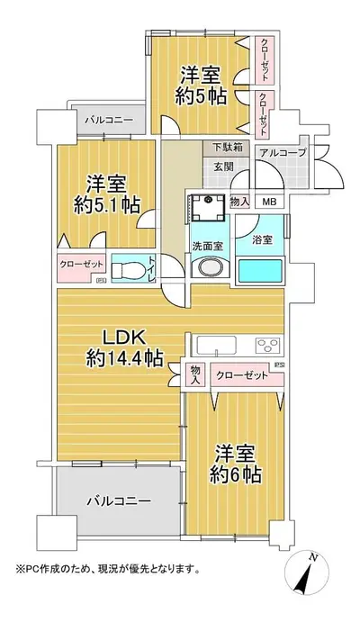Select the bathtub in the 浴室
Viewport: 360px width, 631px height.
tap(260, 271)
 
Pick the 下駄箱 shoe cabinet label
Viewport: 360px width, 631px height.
tap(228, 148)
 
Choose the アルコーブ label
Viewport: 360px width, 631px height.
tap(283, 152)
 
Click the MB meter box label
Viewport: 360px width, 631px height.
tap(269, 202)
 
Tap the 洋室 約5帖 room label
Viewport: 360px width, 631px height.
tap(201, 86)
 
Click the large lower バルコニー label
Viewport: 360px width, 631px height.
tap(119, 501)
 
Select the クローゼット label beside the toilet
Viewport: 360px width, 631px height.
tap(81, 265)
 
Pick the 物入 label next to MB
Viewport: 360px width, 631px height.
tap(239, 203)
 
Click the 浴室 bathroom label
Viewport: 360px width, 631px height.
tap(263, 239)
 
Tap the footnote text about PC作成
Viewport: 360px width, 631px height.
tap(108, 569)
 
